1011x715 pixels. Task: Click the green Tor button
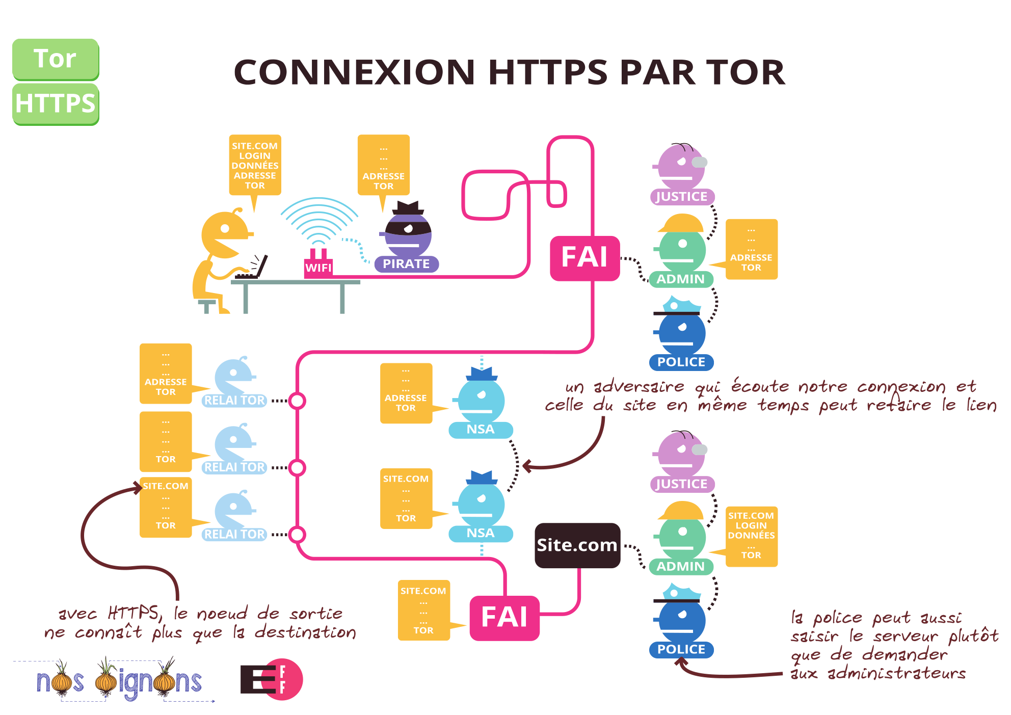point(55,59)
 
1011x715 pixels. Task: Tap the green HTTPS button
point(55,103)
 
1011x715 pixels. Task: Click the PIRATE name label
point(406,264)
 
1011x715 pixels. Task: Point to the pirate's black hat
point(408,207)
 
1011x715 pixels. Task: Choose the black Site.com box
point(577,545)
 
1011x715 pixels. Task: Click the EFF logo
point(272,679)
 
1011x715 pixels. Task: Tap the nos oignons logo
point(119,681)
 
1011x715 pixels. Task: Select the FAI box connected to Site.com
point(504,618)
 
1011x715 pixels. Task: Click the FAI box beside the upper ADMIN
point(584,258)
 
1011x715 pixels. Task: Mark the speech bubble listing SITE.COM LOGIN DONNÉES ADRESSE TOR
point(255,166)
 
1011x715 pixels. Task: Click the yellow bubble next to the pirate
point(383,166)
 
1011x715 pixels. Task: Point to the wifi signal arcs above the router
point(319,219)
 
